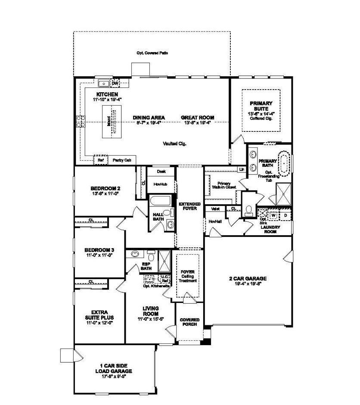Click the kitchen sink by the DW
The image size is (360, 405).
[x=104, y=84]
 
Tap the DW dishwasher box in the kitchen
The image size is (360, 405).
[x=115, y=84]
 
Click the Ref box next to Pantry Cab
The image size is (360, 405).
[x=101, y=160]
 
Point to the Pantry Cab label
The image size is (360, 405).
[x=121, y=160]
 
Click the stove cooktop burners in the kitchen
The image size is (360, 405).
[x=81, y=121]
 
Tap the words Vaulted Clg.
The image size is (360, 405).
[x=174, y=144]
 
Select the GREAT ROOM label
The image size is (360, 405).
[x=197, y=117]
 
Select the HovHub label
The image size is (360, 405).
[x=160, y=184]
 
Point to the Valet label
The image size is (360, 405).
[x=216, y=209]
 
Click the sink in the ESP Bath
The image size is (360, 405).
[x=135, y=254]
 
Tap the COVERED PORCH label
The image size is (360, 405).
[x=189, y=321]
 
